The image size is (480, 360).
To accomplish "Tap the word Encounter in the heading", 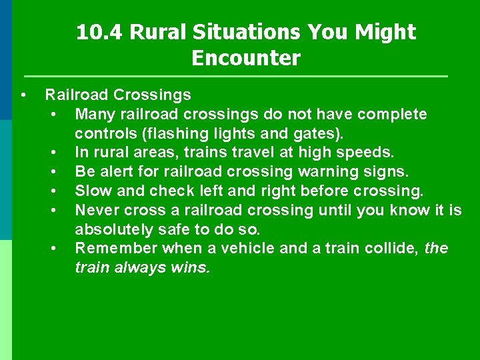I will tap(246, 59).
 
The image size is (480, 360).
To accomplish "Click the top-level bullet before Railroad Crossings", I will tap(23, 95).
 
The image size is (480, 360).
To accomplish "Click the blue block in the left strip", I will tap(6, 60).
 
